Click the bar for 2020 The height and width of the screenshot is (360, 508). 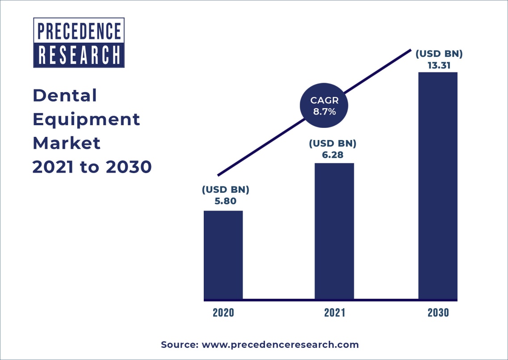[223, 254]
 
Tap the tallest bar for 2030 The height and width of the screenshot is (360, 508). [438, 185]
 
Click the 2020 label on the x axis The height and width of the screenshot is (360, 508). [223, 313]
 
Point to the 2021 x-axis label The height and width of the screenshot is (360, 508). [335, 313]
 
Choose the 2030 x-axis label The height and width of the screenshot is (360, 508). [438, 313]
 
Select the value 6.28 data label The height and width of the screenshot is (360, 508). [332, 155]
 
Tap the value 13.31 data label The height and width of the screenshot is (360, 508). [438, 65]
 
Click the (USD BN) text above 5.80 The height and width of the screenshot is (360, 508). [225, 190]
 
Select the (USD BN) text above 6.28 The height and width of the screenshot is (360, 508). [332, 144]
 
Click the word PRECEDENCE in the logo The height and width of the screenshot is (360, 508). [79, 31]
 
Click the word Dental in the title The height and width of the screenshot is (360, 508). [65, 95]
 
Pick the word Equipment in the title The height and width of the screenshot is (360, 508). [86, 119]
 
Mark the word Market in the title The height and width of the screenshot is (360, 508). [67, 143]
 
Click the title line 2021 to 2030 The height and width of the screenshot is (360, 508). [92, 167]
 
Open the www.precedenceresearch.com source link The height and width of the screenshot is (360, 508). [280, 345]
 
